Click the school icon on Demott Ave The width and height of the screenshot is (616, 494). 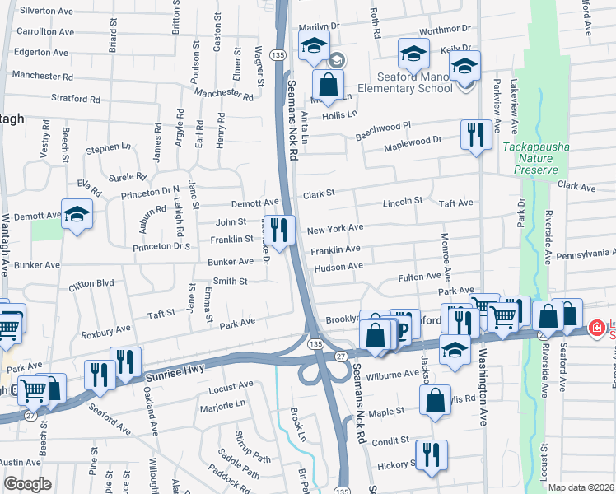click(x=77, y=215)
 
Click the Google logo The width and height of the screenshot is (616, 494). click(x=26, y=485)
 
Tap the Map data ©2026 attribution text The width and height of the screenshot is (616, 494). click(x=580, y=487)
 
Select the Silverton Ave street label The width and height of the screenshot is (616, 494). click(x=46, y=11)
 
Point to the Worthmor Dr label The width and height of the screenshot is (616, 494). click(x=444, y=30)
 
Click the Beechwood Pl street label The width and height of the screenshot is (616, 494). click(x=382, y=130)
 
